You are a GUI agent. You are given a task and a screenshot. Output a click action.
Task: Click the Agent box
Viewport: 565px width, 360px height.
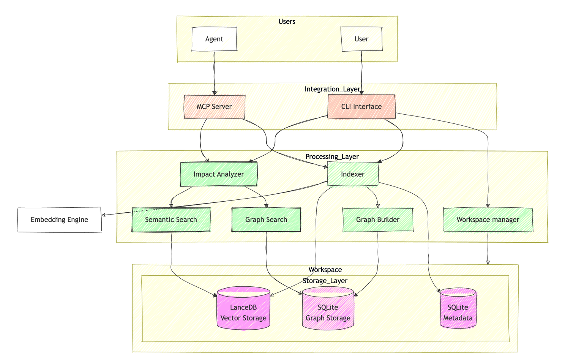214,39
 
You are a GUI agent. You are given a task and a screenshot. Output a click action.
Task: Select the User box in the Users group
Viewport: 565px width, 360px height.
361,39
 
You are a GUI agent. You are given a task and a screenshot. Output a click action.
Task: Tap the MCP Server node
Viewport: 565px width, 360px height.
214,107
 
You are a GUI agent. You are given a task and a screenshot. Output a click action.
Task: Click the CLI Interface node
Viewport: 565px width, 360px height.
361,107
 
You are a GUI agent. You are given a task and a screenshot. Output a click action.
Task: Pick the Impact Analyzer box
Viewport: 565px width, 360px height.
218,174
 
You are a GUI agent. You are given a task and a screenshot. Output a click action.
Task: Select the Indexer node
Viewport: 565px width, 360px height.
352,174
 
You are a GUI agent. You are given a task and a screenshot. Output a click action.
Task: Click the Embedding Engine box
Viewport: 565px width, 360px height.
59,219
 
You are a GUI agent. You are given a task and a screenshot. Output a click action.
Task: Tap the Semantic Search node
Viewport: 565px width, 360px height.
171,220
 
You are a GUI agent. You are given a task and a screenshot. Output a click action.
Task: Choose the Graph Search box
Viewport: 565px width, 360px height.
266,220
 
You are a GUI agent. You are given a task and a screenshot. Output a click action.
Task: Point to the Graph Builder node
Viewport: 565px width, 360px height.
377,220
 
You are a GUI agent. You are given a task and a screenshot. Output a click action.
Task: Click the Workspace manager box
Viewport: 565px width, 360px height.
488,220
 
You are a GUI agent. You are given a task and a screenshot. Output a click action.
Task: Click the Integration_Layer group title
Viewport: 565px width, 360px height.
332,89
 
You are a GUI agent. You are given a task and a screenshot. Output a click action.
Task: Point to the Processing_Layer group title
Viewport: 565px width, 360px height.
332,157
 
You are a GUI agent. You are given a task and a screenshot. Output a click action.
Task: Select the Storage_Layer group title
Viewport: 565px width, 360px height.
325,281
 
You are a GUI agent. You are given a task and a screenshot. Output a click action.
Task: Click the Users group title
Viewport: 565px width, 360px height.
287,22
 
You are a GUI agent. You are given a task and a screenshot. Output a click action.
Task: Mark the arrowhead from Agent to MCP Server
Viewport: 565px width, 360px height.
215,92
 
